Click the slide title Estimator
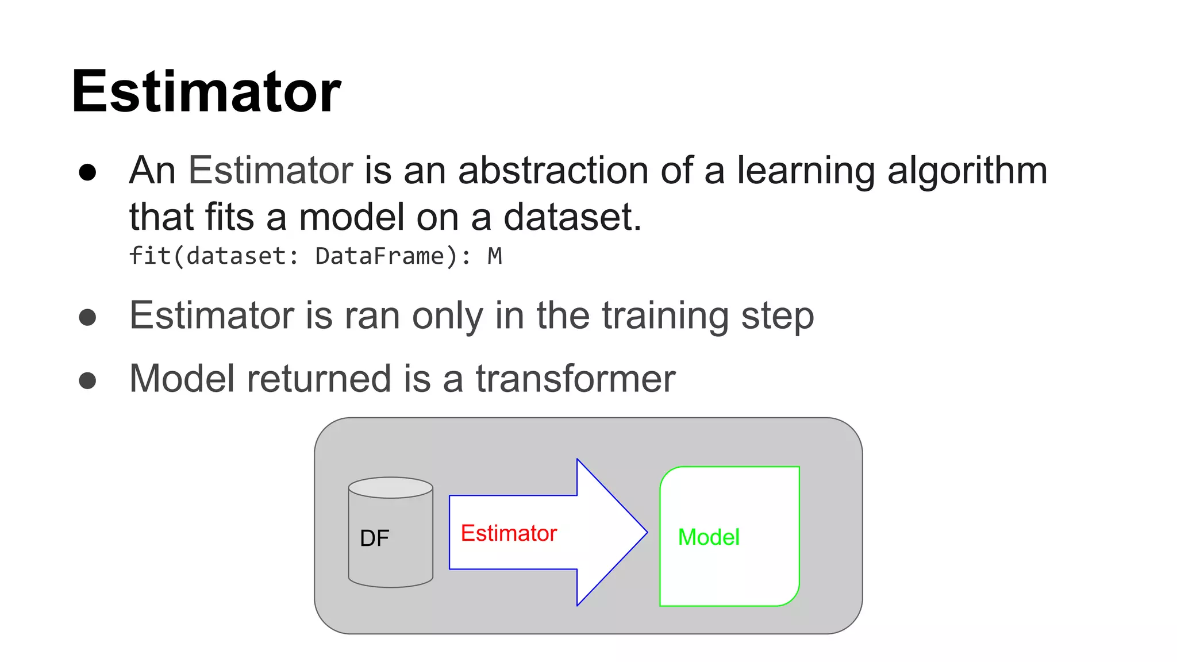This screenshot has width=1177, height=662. pyautogui.click(x=206, y=92)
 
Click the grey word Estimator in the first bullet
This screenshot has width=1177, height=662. pyautogui.click(x=271, y=171)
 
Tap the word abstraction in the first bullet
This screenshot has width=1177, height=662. pyautogui.click(x=553, y=171)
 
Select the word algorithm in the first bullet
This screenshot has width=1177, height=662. pyautogui.click(x=967, y=172)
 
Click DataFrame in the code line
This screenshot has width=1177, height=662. pyautogui.click(x=380, y=256)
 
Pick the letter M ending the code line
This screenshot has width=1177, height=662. pyautogui.click(x=494, y=256)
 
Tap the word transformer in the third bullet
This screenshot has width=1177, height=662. pyautogui.click(x=575, y=379)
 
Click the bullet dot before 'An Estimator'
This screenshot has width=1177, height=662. pyautogui.click(x=87, y=172)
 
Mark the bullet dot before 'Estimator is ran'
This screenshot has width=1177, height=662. pyautogui.click(x=87, y=317)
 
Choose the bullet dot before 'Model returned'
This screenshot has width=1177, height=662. pyautogui.click(x=87, y=380)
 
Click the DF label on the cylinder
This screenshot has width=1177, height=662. pyautogui.click(x=374, y=538)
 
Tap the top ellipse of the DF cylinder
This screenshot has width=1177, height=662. pyautogui.click(x=390, y=488)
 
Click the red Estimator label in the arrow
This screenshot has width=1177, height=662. pyautogui.click(x=509, y=533)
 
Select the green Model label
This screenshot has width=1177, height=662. pyautogui.click(x=709, y=537)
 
